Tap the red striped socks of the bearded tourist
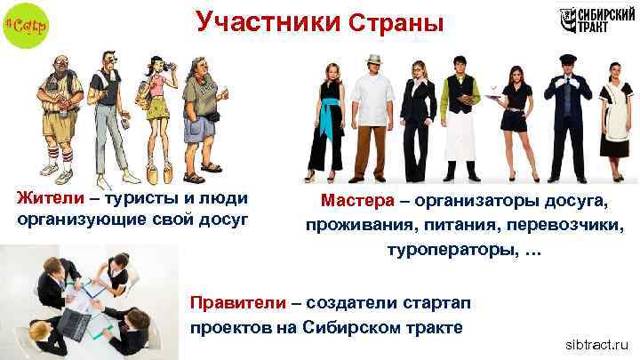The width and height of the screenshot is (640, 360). (x=55, y=163)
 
